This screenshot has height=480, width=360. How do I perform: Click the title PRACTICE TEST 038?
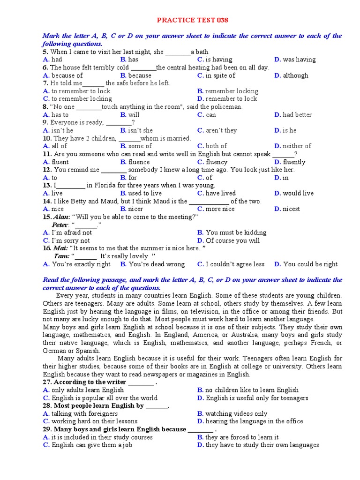click(193, 21)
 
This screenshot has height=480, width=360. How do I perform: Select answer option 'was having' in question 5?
click(299, 60)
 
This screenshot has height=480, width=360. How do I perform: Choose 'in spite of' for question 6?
click(220, 75)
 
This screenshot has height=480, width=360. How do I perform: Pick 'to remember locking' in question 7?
click(82, 99)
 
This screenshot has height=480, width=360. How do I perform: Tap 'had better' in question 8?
click(297, 114)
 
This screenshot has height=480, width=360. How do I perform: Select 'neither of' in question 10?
click(297, 146)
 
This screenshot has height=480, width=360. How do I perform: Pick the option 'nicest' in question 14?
click(291, 209)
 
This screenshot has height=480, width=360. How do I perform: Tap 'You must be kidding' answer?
click(236, 232)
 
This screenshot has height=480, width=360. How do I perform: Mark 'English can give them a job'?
click(91, 445)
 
